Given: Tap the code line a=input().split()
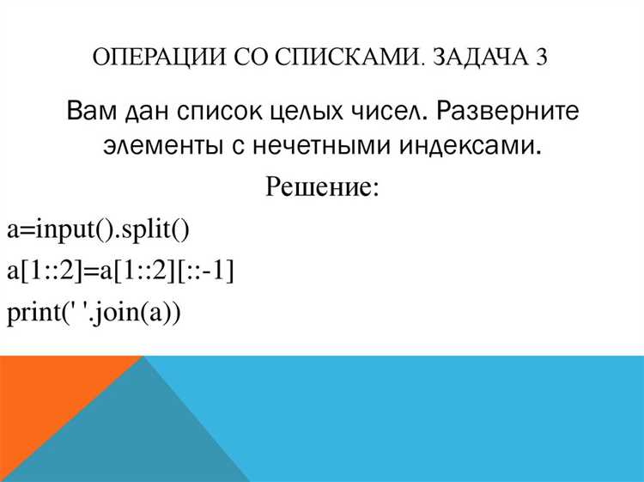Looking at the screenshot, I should (x=98, y=229).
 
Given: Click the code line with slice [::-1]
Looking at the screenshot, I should (x=120, y=272).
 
